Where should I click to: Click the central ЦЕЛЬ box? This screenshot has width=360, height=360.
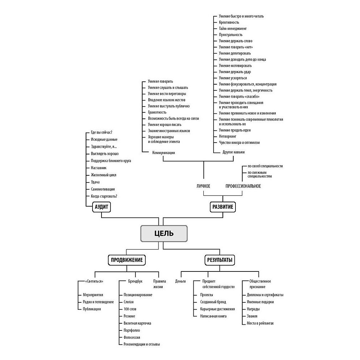pos(163,233)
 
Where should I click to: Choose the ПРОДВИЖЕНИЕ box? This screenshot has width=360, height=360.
pos(126,260)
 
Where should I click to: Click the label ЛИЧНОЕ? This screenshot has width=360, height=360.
pos(203,186)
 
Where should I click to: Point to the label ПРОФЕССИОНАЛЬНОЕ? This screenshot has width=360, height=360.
pos(243,186)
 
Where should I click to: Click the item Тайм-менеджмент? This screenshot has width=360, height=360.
pos(233,28)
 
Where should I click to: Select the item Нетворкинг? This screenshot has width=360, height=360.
pos(228,136)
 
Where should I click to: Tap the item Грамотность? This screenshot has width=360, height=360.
pos(157,112)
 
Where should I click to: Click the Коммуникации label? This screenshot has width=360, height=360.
pos(163,152)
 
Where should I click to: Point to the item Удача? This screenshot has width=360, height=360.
pos(95,182)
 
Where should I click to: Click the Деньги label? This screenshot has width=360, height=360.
pos(180,281)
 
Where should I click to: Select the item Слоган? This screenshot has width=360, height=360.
pos(129,302)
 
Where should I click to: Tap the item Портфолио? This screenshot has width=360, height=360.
pos(132,330)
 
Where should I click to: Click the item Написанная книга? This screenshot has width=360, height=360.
pos(213,316)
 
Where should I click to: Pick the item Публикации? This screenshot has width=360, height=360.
pos(92,309)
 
